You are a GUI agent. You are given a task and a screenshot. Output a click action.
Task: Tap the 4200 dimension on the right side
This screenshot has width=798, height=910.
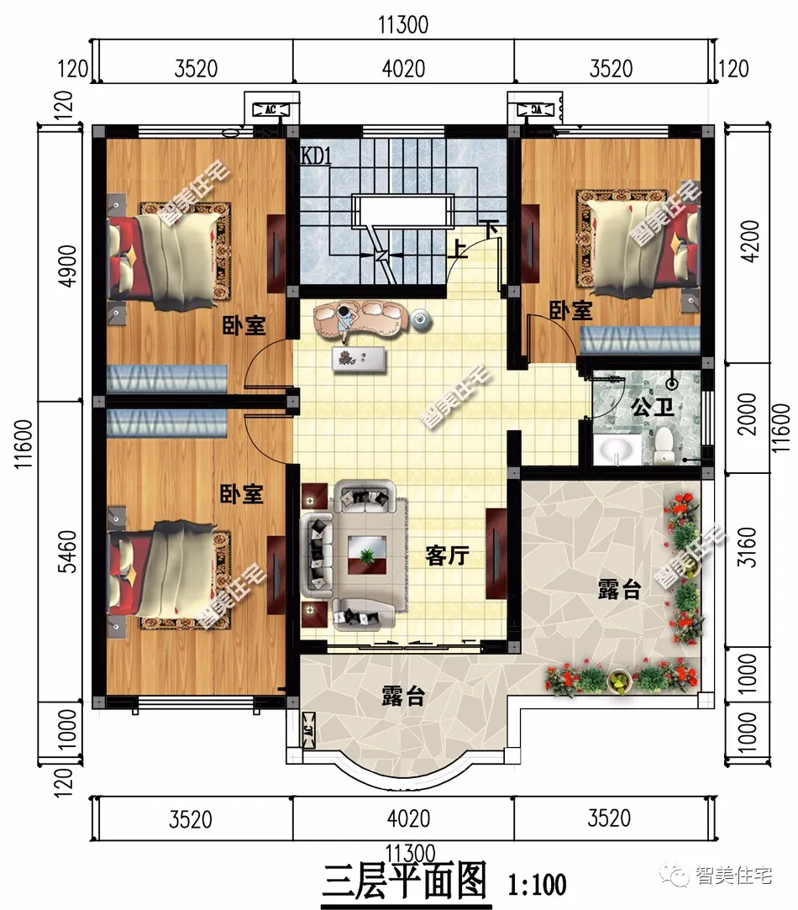[750, 241]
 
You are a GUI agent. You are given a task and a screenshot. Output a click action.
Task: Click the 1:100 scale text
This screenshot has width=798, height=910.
[537, 884]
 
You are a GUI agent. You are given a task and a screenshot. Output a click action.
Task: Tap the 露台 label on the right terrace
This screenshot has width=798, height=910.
[620, 590]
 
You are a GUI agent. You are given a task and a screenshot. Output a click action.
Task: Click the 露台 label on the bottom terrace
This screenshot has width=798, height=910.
[403, 696]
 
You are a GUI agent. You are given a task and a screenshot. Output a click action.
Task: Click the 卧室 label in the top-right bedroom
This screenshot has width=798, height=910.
[571, 311]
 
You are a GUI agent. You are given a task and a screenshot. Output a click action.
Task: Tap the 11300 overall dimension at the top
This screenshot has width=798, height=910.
[403, 25]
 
